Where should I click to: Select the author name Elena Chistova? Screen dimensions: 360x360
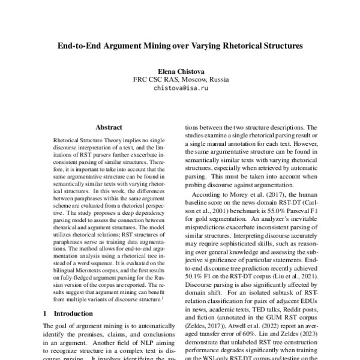[180, 70]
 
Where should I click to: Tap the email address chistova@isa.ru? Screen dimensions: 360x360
[180, 88]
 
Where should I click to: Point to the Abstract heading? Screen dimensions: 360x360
[109, 127]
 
